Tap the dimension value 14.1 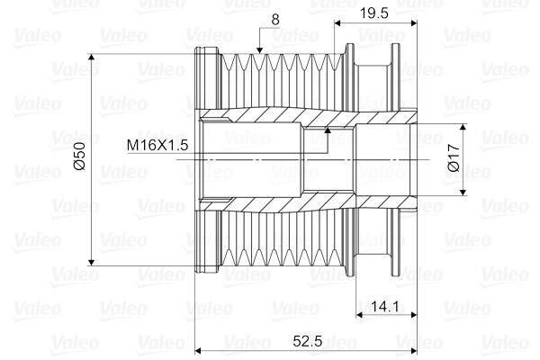(383, 307)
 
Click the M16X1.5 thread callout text (158, 145)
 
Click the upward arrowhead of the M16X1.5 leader (328, 131)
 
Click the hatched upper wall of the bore (270, 116)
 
